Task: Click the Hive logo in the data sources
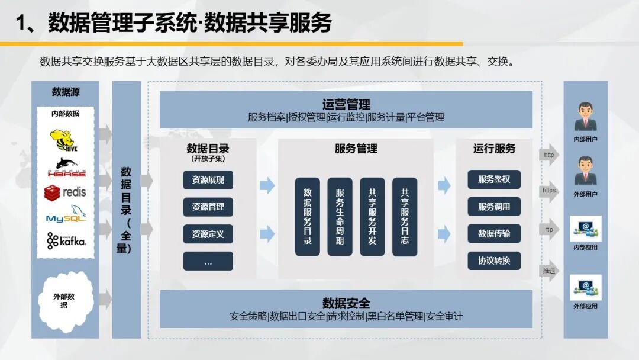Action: (x=63, y=140)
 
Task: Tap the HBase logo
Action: (x=67, y=167)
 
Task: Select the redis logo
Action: (x=65, y=192)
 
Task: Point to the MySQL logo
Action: (x=66, y=214)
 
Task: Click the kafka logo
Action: (x=66, y=240)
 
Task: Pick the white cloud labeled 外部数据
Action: (x=65, y=300)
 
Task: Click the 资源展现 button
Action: (x=208, y=180)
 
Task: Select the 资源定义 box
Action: (x=208, y=234)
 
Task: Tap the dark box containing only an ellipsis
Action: (x=208, y=261)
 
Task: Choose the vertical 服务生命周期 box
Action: (x=340, y=217)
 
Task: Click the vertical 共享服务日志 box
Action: (x=405, y=217)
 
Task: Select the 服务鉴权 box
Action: (x=494, y=179)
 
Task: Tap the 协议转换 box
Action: (x=494, y=261)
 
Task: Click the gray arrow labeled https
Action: (x=549, y=191)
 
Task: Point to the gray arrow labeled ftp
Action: (x=549, y=230)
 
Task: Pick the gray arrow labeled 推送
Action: (x=549, y=271)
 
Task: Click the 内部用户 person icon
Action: (x=586, y=117)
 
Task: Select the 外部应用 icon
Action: (x=586, y=287)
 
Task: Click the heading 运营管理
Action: (x=346, y=104)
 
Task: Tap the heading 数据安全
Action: (x=346, y=303)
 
